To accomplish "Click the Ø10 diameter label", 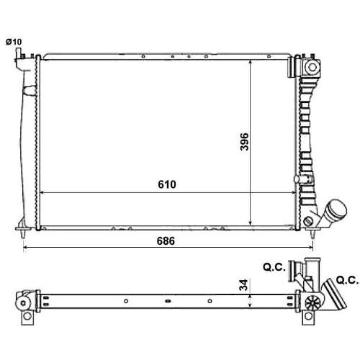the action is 14,42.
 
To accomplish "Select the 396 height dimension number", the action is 244,142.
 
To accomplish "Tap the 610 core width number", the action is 167,184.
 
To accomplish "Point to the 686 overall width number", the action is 166,241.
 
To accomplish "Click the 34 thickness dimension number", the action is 243,285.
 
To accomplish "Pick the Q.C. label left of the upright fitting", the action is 274,267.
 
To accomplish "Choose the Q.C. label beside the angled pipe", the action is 347,280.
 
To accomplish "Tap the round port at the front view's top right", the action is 312,67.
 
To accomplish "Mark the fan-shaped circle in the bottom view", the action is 313,302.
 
